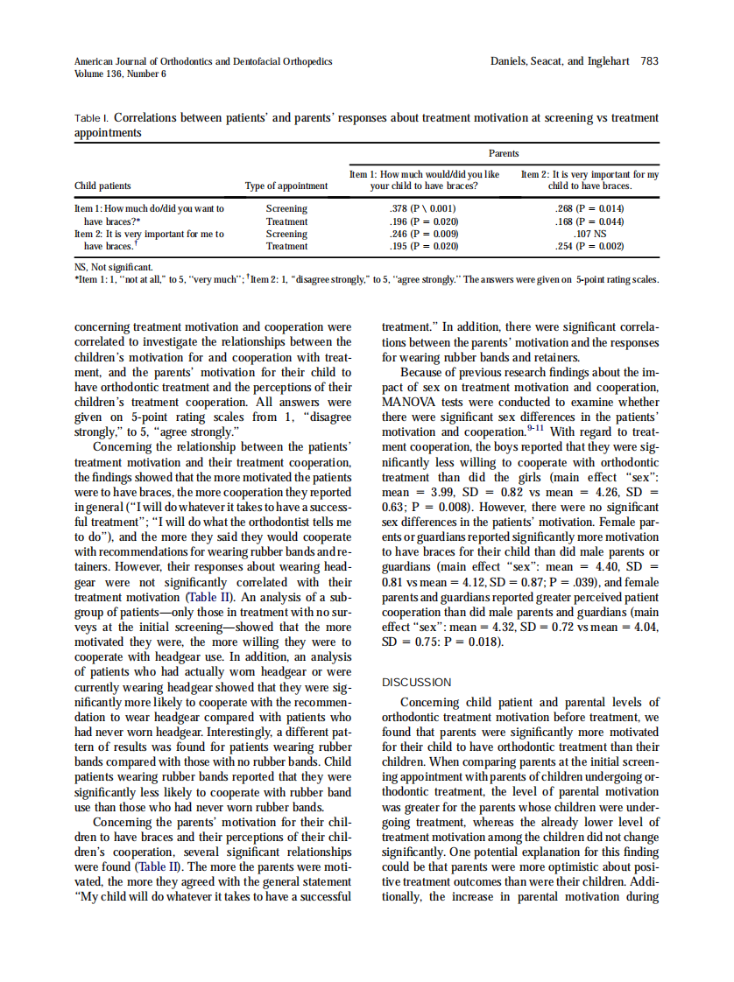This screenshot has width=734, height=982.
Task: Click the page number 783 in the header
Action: click(649, 61)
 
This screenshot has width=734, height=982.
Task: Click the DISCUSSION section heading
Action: click(418, 682)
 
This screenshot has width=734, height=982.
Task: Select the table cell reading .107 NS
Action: click(589, 235)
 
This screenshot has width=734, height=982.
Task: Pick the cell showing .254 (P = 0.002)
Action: click(589, 247)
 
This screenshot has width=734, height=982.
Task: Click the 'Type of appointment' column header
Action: click(286, 186)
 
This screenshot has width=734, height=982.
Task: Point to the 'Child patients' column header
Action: click(103, 186)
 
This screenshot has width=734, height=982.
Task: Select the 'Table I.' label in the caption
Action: click(92, 116)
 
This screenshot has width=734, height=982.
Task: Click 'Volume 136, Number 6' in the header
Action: click(120, 74)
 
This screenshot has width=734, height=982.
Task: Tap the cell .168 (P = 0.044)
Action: click(589, 222)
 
